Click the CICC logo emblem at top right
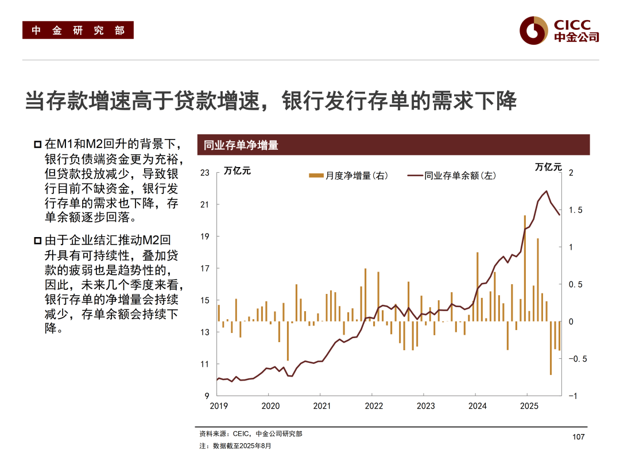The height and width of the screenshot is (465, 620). pyautogui.click(x=533, y=30)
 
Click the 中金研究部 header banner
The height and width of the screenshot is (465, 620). pyautogui.click(x=78, y=30)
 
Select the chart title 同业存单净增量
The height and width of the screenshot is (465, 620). pyautogui.click(x=241, y=145)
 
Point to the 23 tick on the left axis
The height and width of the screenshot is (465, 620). pyautogui.click(x=205, y=172)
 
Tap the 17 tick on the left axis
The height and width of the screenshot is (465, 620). pyautogui.click(x=205, y=268)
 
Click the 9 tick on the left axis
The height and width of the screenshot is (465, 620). pyautogui.click(x=207, y=396)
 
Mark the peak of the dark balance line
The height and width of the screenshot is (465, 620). pyautogui.click(x=546, y=191)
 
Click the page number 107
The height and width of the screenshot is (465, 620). pyautogui.click(x=578, y=437)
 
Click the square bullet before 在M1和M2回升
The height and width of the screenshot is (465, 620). pyautogui.click(x=38, y=143)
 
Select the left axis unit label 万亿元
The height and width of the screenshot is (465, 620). pyautogui.click(x=237, y=170)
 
